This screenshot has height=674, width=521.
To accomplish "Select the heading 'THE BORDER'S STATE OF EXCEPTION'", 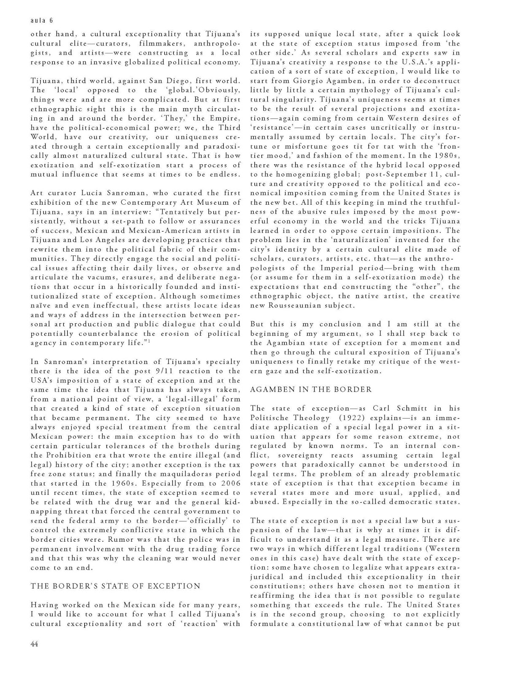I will point(115,586).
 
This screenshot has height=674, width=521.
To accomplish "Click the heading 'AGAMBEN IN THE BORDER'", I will point(311,390).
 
